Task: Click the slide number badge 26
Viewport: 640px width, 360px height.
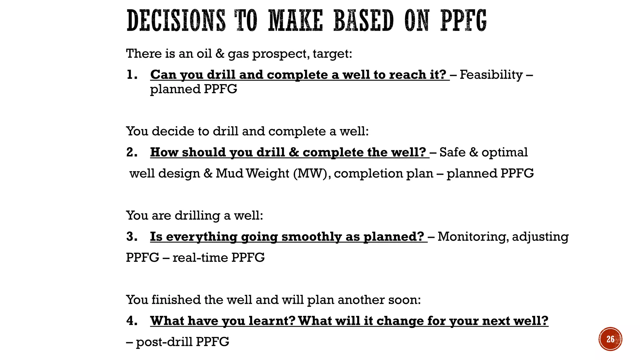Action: point(610,339)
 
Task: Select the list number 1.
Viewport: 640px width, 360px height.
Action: point(132,75)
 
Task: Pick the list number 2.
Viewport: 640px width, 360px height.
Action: point(132,152)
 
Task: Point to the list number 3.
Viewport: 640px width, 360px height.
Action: point(132,237)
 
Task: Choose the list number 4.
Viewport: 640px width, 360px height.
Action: point(132,321)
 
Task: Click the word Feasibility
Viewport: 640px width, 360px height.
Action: point(491,75)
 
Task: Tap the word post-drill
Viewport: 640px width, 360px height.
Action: point(164,342)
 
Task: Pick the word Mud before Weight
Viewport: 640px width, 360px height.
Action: point(229,173)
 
